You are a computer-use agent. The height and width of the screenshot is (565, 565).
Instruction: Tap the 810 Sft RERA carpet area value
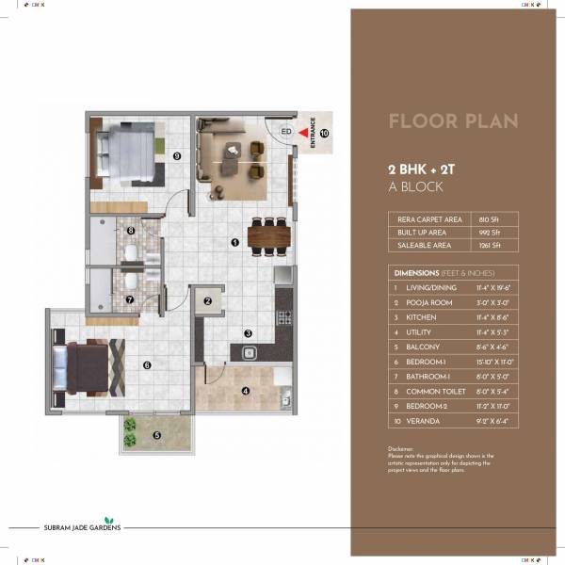click(x=490, y=218)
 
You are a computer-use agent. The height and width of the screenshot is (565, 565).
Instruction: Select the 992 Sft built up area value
click(x=490, y=232)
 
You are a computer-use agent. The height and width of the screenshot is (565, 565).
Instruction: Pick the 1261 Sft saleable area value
click(x=491, y=246)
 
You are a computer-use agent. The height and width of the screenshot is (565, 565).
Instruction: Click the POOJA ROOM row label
click(x=431, y=302)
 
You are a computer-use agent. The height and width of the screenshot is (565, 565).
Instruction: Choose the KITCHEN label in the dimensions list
click(x=424, y=317)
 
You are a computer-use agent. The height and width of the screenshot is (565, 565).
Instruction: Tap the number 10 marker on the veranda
click(x=324, y=134)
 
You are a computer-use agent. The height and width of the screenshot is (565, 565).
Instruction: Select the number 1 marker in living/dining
click(x=234, y=242)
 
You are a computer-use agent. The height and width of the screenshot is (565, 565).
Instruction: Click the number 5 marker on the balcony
click(x=156, y=435)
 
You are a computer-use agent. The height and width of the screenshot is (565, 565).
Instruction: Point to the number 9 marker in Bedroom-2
click(x=175, y=155)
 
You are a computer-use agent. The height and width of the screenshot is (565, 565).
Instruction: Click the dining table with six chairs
click(x=267, y=234)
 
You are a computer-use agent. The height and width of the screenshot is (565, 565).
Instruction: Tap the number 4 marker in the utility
click(x=245, y=391)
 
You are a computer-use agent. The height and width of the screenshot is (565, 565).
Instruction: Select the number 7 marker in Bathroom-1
click(x=131, y=301)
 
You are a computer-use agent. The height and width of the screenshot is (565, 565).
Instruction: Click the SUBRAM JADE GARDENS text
click(x=64, y=528)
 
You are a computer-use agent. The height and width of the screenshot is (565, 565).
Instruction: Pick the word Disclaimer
click(x=401, y=449)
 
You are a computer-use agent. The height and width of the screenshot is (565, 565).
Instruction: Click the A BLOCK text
click(x=415, y=186)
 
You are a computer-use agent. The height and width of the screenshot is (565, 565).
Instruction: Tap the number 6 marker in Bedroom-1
click(x=147, y=365)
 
